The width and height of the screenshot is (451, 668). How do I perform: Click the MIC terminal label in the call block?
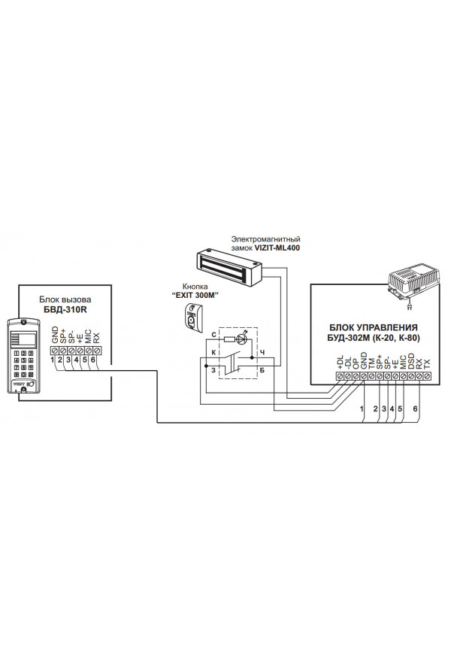pos(88,336)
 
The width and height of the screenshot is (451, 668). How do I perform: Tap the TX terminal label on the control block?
pos(428,362)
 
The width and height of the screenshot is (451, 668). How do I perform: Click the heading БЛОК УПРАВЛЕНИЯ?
pos(373,327)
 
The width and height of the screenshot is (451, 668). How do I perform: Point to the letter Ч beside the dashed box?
pos(262,351)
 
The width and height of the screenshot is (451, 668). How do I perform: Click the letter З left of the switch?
pos(213,369)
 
